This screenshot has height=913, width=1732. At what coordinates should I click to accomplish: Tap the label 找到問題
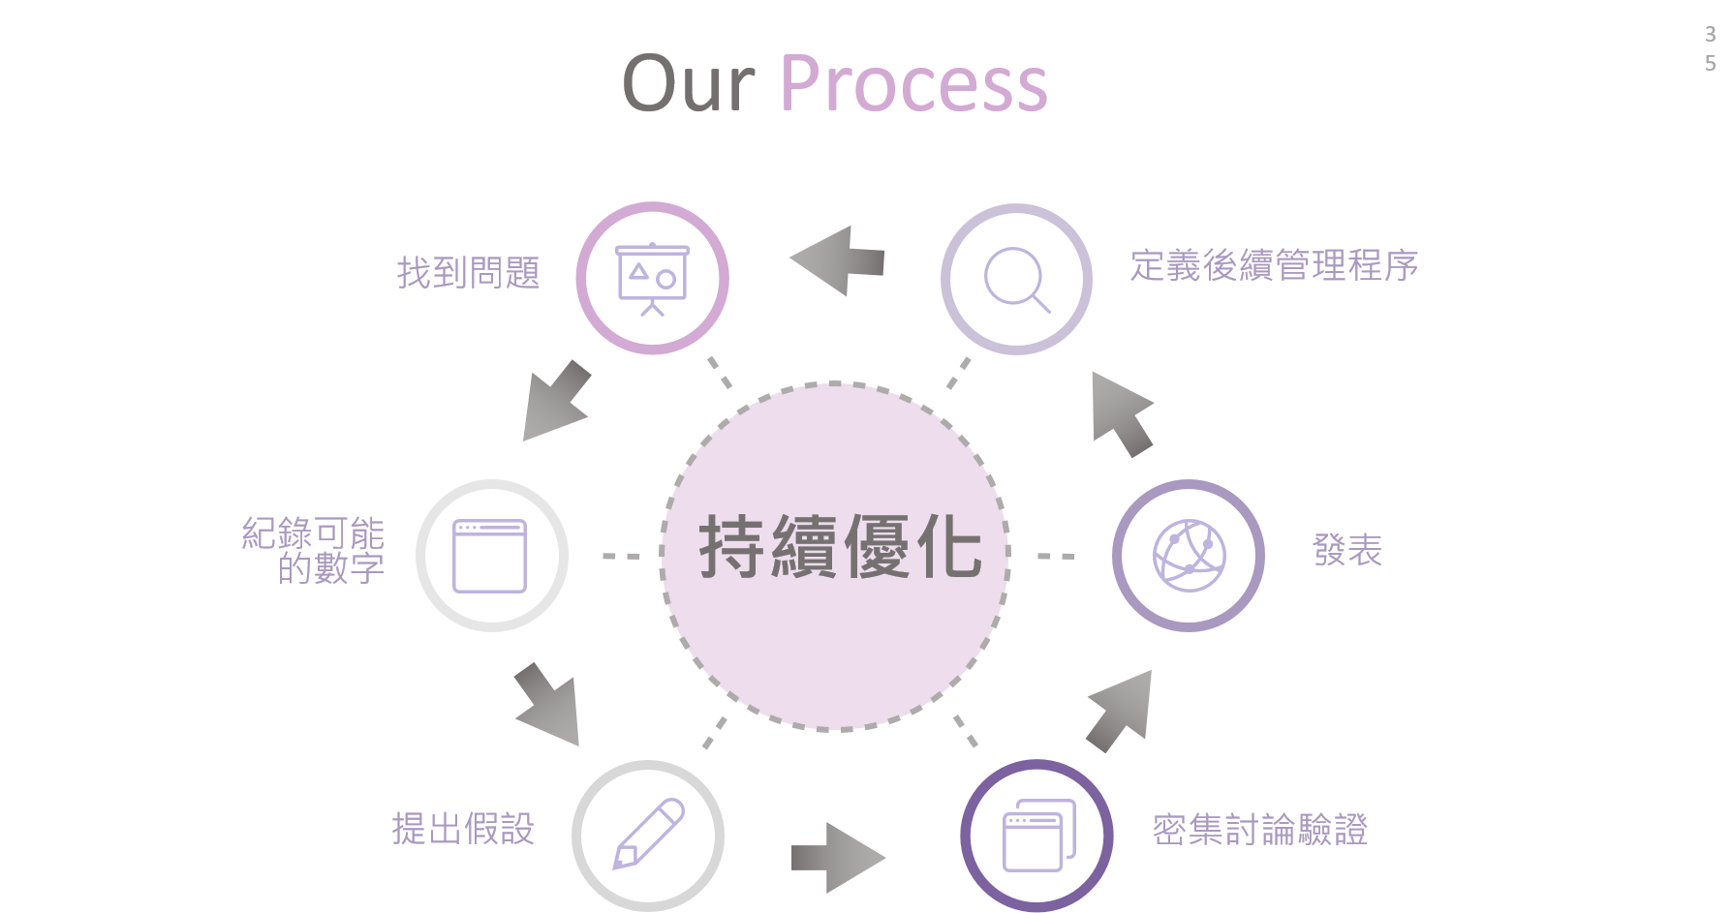468,273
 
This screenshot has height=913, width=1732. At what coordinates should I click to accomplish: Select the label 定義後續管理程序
1274,265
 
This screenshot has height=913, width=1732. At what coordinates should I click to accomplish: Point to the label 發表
1347,550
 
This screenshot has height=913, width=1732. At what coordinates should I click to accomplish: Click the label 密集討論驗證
1259,830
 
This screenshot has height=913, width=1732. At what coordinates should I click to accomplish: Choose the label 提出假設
463,829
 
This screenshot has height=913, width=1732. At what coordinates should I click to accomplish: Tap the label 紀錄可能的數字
313,550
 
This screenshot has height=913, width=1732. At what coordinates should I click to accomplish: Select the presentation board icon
653,279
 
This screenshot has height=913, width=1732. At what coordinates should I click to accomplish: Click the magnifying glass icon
1017,280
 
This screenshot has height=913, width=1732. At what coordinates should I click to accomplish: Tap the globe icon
1189,556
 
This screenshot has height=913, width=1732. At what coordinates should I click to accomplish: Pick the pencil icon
649,834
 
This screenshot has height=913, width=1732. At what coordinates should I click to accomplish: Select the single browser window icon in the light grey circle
490,556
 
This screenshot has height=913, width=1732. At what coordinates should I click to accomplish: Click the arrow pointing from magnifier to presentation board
838,260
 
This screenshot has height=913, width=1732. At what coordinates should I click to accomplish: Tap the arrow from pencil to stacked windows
838,858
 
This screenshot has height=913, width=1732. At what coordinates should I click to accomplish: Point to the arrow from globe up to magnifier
1122,414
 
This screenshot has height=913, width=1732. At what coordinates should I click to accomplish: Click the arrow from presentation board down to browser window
556,401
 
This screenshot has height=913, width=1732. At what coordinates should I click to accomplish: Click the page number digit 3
1710,35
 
